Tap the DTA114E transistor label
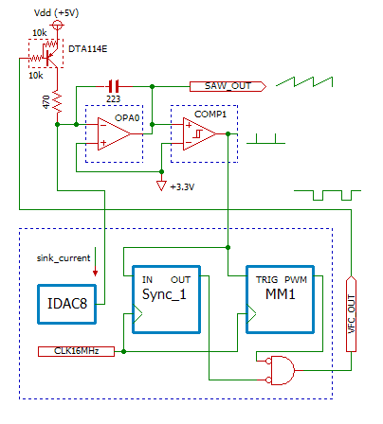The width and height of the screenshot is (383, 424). tap(88, 45)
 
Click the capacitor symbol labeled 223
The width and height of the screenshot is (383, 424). tap(117, 85)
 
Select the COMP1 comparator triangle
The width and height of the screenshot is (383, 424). tap(201, 132)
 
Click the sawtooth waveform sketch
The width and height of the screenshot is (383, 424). tap(309, 81)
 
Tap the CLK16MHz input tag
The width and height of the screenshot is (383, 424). tap(77, 351)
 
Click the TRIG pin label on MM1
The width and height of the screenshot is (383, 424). tap(264, 280)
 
